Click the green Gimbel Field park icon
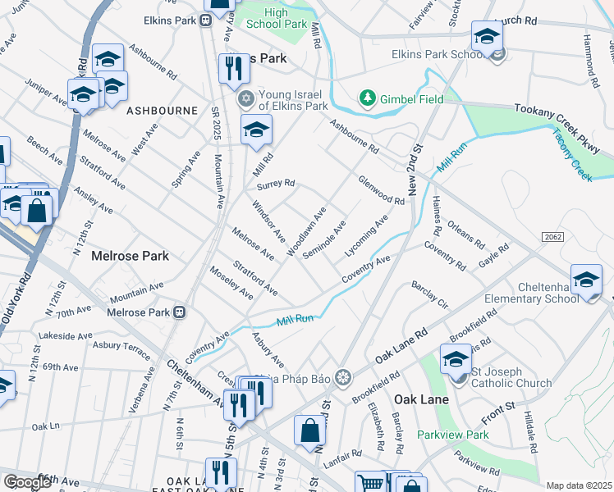tap(367, 99)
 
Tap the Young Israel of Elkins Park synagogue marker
tap(245, 99)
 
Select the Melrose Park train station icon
tap(178, 312)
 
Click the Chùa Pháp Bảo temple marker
tap(342, 377)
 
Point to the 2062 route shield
tap(552, 236)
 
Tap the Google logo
tap(28, 482)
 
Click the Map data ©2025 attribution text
tap(579, 485)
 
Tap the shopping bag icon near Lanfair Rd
tap(309, 430)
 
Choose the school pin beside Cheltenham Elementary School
tap(586, 280)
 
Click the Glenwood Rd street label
tap(381, 190)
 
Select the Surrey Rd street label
tap(275, 183)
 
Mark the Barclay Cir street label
tap(430, 296)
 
